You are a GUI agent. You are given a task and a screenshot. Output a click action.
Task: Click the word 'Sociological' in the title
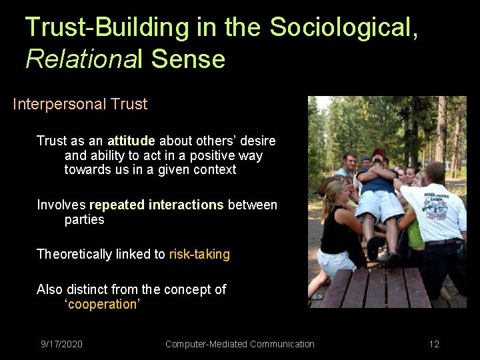pos(343,27)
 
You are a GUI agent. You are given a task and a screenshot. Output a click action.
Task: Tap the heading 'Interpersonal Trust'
pos(80,105)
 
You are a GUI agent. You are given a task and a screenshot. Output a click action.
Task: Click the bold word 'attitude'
pos(131,141)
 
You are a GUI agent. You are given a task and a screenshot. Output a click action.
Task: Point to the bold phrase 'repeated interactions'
pos(157,205)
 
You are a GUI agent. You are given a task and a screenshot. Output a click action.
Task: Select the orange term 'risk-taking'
pos(199,254)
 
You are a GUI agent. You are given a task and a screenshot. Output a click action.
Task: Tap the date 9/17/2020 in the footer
pos(61,344)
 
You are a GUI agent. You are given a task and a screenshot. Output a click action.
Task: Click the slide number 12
pos(434,344)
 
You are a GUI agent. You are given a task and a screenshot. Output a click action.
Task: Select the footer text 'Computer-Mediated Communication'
pos(239,344)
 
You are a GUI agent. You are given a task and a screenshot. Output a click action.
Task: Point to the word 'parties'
pos(84,219)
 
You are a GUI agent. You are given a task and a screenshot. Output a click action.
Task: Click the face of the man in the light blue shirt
pos(347,161)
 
